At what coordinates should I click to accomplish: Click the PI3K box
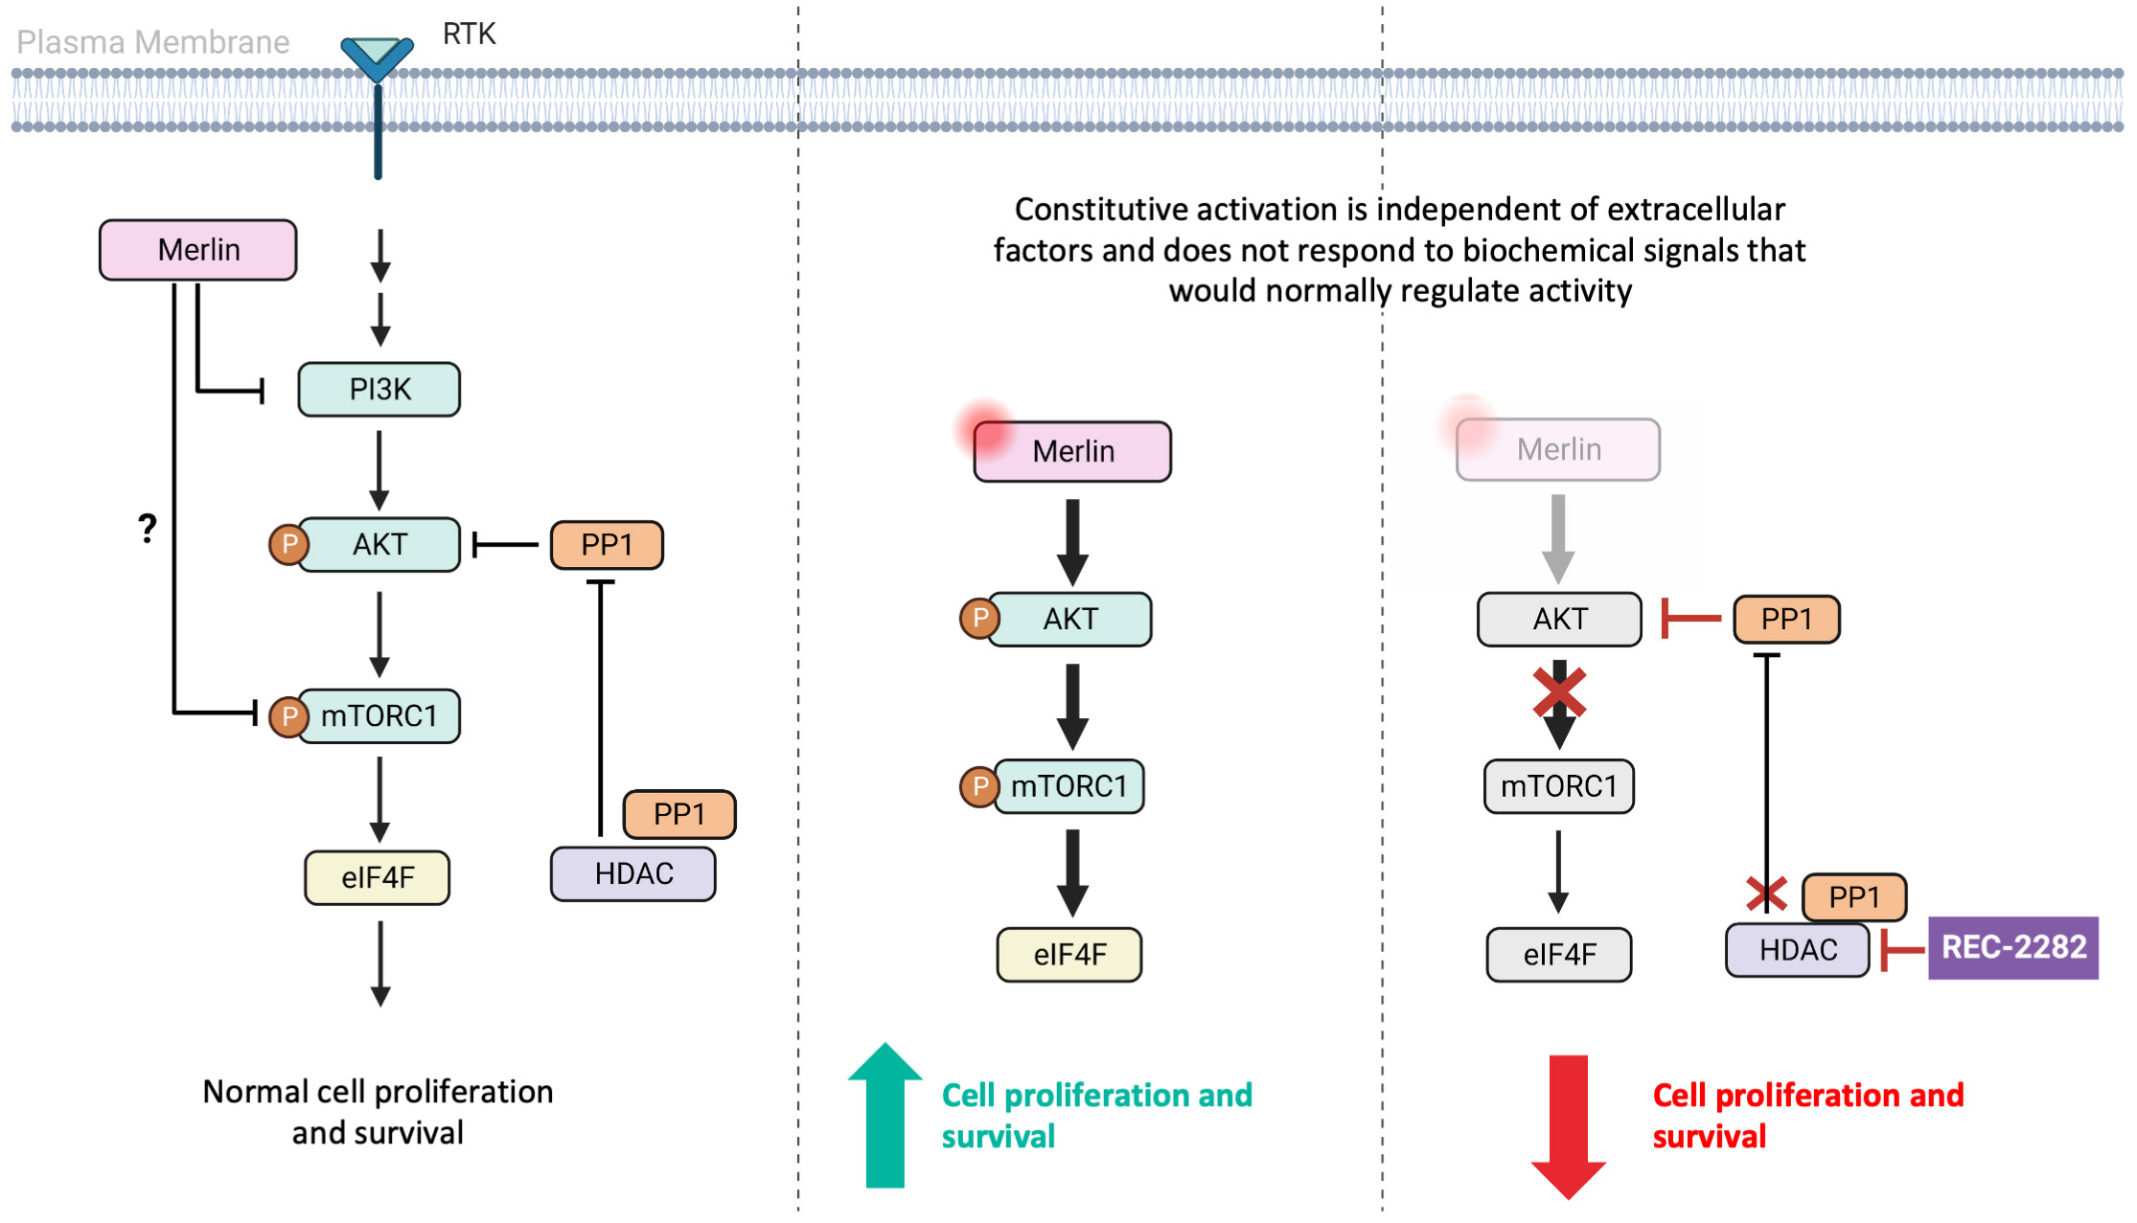(x=379, y=389)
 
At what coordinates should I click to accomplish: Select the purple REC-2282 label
(x=2012, y=947)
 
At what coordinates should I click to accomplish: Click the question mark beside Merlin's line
(x=147, y=528)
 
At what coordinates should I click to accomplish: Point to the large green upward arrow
(x=885, y=1116)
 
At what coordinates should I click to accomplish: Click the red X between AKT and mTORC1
(x=1559, y=692)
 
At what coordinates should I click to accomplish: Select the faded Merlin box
(x=1558, y=449)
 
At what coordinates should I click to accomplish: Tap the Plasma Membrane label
(x=153, y=42)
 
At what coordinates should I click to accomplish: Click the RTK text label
(x=469, y=34)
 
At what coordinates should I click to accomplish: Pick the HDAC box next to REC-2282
(x=1797, y=950)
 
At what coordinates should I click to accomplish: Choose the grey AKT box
(x=1559, y=619)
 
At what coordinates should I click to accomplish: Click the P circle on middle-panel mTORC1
(x=979, y=786)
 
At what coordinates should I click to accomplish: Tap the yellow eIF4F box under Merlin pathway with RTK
(x=377, y=877)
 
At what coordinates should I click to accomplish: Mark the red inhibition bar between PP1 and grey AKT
(x=1689, y=619)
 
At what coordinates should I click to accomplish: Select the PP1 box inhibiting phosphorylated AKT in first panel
(x=607, y=545)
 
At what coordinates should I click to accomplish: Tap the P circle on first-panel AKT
(x=288, y=545)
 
